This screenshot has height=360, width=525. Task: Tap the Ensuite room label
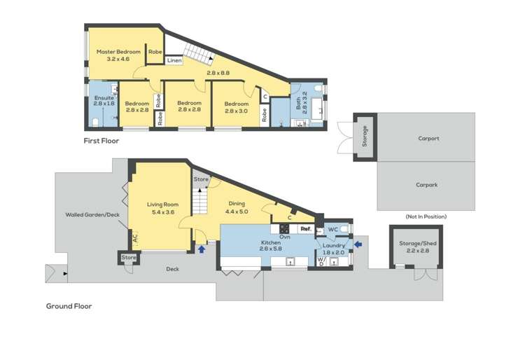tap(104, 98)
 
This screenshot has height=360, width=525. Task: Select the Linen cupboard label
tap(174, 61)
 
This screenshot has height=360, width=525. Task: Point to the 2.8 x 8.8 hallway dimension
tap(218, 72)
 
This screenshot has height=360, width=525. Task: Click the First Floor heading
tap(101, 141)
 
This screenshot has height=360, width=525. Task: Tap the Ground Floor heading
tap(69, 306)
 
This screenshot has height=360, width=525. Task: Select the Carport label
tap(428, 139)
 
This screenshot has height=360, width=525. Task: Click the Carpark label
tap(427, 185)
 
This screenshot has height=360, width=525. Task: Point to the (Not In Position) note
tap(427, 216)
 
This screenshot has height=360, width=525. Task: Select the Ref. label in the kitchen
tap(305, 228)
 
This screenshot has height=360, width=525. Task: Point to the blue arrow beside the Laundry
tap(358, 244)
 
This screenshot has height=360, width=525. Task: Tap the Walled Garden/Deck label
tap(90, 215)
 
